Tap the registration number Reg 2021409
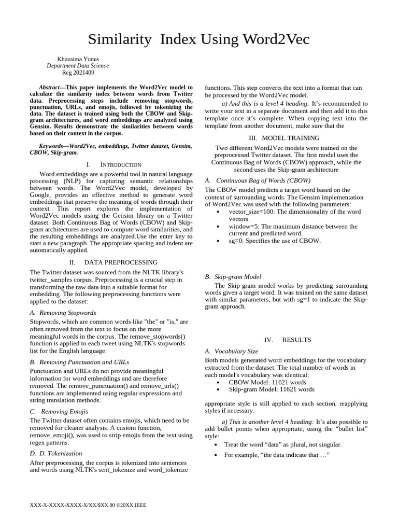coord(78,73)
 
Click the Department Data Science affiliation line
coord(78,66)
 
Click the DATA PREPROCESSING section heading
coord(121,262)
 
